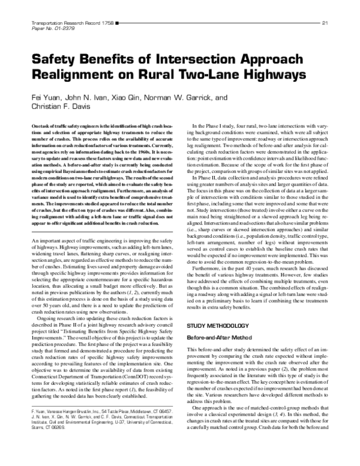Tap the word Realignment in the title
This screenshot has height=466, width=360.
point(74,76)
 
